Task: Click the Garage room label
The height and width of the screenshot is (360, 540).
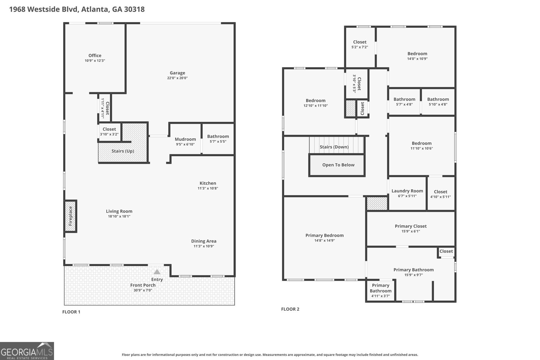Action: click(x=178, y=73)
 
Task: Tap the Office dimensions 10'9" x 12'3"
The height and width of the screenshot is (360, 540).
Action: click(x=95, y=61)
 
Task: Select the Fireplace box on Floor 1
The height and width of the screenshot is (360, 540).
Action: click(x=71, y=216)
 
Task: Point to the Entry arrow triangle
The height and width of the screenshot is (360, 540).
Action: click(x=157, y=272)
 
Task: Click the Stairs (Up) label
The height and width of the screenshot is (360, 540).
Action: click(x=123, y=151)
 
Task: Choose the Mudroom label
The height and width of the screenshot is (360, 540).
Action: click(x=185, y=139)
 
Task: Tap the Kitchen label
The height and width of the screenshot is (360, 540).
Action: click(x=208, y=183)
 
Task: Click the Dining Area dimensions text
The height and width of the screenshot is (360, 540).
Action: click(x=204, y=246)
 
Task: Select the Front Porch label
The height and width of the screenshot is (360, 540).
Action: click(x=143, y=285)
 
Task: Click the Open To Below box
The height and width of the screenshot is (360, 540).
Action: click(x=337, y=165)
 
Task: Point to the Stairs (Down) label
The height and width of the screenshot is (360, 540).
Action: click(x=334, y=147)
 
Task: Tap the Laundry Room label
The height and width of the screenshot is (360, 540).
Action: click(x=407, y=191)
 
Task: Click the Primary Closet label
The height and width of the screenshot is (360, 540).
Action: click(x=410, y=226)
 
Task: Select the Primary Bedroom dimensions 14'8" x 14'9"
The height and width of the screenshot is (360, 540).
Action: click(x=324, y=241)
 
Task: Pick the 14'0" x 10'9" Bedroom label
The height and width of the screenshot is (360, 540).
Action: click(x=417, y=54)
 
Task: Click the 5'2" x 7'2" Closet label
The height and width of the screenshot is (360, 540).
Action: click(x=360, y=42)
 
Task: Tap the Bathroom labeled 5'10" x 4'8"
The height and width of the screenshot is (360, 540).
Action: click(x=438, y=99)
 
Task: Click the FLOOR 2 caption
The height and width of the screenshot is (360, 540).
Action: click(x=290, y=309)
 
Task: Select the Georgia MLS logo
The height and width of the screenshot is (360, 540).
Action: click(x=27, y=351)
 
